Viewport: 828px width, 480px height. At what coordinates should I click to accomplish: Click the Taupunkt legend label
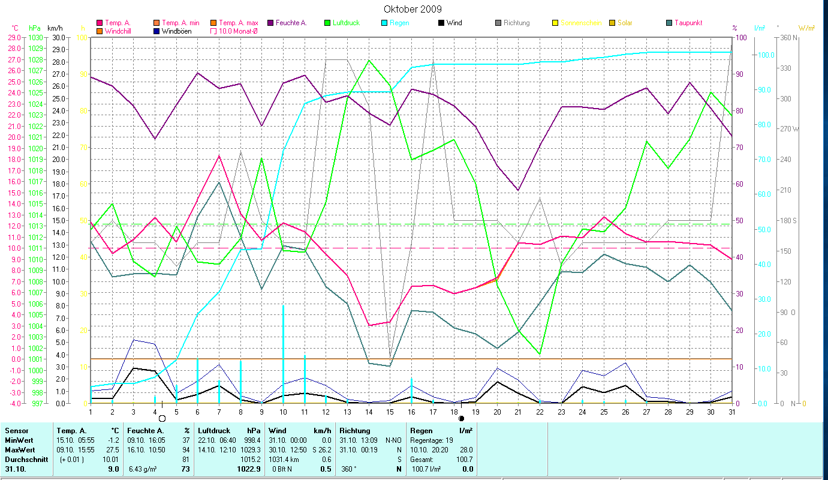[688, 23]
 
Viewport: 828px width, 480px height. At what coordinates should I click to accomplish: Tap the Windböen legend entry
[176, 31]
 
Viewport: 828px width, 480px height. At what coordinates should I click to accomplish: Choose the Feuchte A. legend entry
[290, 23]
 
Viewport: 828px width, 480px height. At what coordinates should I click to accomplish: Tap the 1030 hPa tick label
[36, 37]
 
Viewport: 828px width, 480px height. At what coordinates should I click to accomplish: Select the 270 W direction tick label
[788, 129]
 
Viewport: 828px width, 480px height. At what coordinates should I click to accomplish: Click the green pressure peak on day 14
[369, 60]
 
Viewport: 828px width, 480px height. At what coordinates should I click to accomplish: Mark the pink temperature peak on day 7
[219, 155]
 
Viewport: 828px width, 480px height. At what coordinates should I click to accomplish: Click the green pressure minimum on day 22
[540, 354]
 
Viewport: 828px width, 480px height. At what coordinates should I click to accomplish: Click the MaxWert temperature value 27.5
[112, 450]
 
